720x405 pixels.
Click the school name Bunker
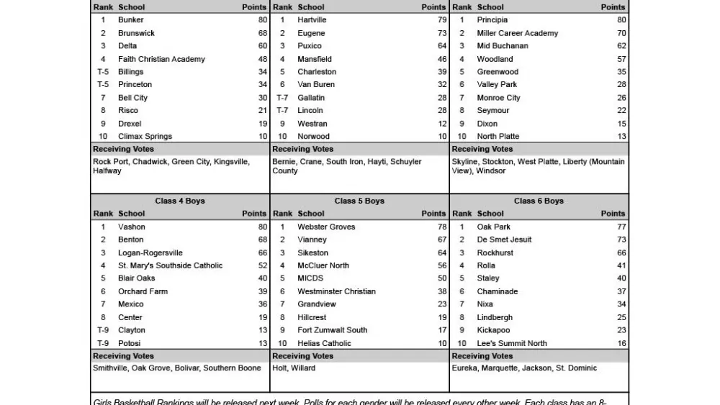coord(131,20)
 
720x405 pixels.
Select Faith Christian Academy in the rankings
coord(161,59)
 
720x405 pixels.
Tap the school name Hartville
coord(312,20)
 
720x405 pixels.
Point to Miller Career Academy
coord(517,33)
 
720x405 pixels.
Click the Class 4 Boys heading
coord(180,201)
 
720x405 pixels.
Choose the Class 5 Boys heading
coord(359,201)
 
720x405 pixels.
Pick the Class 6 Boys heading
coord(539,201)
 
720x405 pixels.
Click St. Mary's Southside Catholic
coord(170,265)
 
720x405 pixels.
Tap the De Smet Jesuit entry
coord(504,240)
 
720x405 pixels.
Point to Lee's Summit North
coord(512,343)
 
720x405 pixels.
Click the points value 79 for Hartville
coord(442,20)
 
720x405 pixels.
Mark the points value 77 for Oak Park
coord(621,227)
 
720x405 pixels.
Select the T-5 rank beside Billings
coord(103,72)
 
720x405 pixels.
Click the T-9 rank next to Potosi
coord(103,343)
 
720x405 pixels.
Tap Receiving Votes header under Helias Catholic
coord(303,356)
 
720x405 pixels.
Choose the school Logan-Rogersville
coord(150,252)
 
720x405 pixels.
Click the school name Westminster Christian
coord(336,291)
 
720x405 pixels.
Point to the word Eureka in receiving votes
coord(464,368)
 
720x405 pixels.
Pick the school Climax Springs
coord(145,137)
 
